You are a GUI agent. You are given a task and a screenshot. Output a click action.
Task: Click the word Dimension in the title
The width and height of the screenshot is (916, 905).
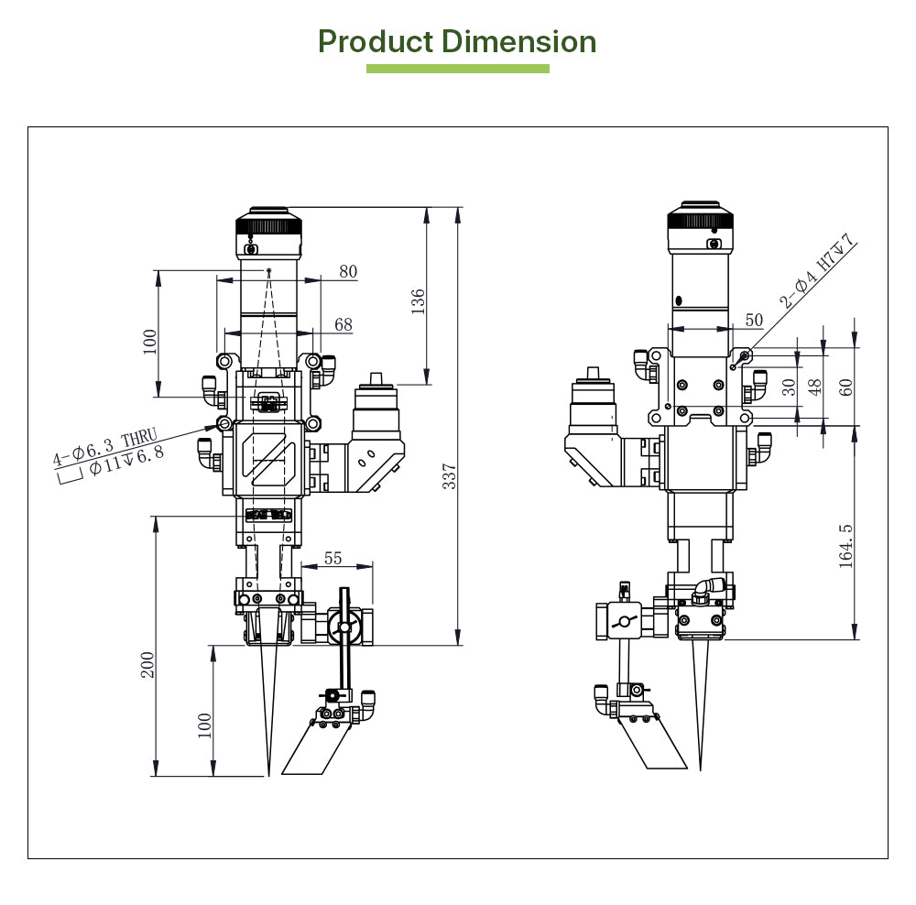tap(518, 42)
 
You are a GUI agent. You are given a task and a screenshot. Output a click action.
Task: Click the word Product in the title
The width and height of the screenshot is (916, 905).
tap(376, 42)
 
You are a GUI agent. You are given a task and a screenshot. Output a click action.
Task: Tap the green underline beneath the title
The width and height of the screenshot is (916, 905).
tap(457, 69)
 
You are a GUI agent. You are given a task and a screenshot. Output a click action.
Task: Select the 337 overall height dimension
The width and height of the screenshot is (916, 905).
tap(450, 477)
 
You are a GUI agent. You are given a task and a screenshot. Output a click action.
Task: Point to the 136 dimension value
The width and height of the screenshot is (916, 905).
tap(418, 301)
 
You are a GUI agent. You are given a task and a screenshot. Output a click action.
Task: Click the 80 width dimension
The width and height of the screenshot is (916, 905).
tap(348, 272)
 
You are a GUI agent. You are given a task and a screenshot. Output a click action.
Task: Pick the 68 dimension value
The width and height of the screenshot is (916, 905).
tap(343, 325)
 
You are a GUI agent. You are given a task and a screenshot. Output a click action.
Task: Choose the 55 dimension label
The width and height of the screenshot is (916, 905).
tap(333, 559)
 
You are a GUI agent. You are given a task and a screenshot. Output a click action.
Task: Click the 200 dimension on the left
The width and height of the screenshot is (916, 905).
tap(147, 665)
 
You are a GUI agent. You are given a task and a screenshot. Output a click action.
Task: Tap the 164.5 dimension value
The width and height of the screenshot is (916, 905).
tap(845, 546)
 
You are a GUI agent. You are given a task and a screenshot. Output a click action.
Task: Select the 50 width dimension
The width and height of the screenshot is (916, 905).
tap(754, 321)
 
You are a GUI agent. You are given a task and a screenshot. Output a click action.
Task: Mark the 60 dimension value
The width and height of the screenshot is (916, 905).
tap(845, 387)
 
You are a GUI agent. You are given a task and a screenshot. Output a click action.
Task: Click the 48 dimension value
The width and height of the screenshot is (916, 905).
tap(816, 387)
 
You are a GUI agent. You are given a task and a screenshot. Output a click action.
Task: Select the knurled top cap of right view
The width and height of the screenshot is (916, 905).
tap(700, 216)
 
